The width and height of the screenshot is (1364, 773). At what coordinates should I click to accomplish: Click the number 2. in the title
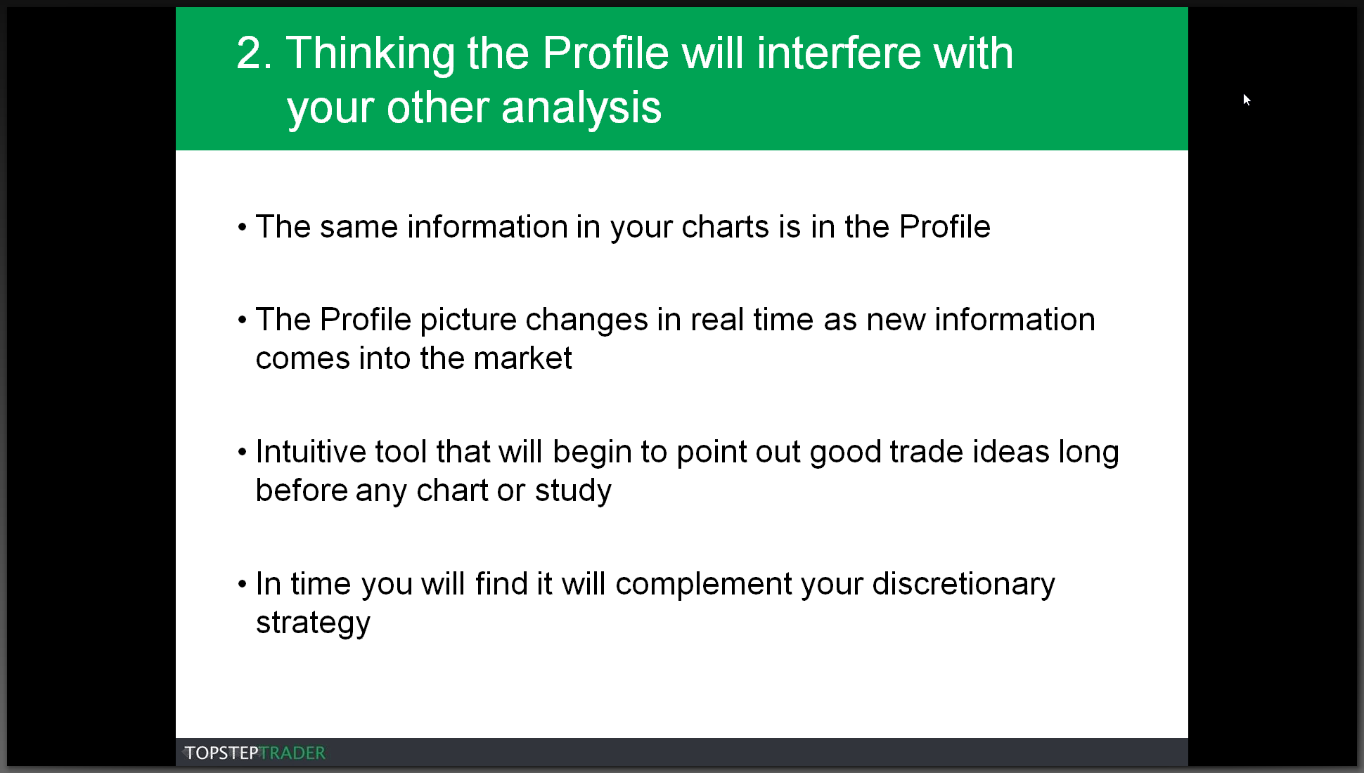point(254,53)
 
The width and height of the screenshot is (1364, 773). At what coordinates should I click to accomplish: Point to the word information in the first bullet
point(487,227)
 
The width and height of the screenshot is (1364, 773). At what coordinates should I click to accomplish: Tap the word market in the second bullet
point(522,358)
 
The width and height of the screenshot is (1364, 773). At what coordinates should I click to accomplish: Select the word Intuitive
point(311,452)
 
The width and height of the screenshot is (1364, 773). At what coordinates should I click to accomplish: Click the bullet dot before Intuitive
point(242,453)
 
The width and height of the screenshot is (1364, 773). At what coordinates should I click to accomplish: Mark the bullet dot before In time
point(242,585)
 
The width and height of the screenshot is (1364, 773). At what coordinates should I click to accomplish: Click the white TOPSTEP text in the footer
point(221,753)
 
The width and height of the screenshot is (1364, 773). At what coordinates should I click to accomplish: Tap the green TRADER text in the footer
point(292,753)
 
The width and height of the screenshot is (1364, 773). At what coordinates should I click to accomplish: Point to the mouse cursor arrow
point(1247,100)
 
